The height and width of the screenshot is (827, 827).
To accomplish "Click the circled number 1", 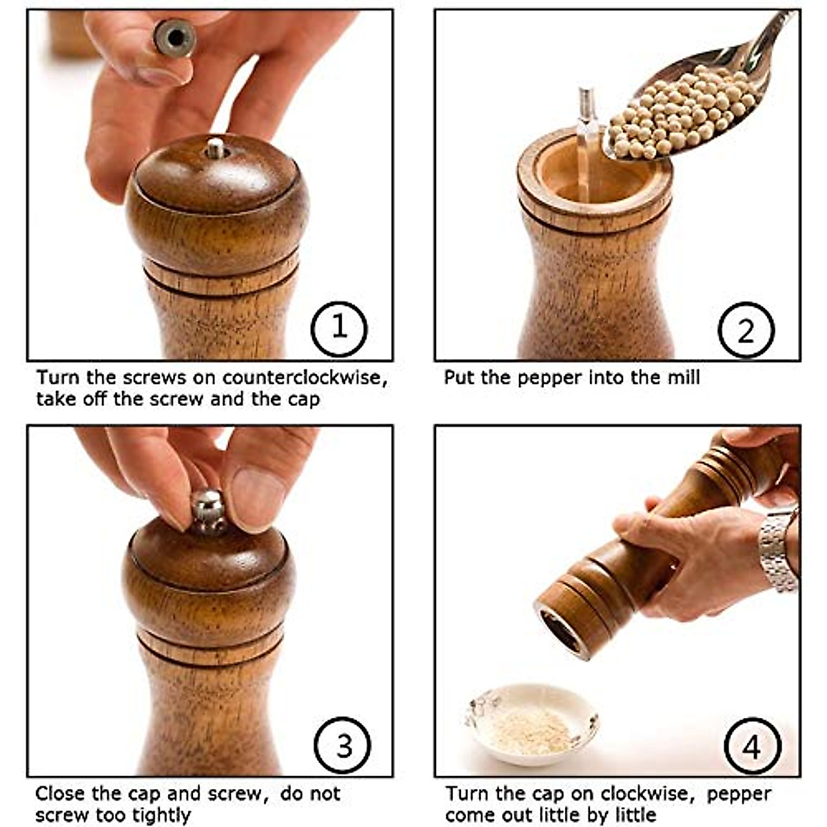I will coord(339,328).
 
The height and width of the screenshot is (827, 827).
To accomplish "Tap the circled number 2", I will coord(746,331).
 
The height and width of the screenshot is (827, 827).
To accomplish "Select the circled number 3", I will coord(343,746).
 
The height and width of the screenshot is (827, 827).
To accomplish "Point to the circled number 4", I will coord(753,747).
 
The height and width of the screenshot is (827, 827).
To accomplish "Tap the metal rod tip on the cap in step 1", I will coord(216,148).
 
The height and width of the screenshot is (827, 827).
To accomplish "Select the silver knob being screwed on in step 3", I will coord(209,511).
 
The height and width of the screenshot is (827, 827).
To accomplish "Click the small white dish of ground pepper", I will coord(531,724).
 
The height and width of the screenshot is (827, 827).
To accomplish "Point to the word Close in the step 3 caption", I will coord(61,793).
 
